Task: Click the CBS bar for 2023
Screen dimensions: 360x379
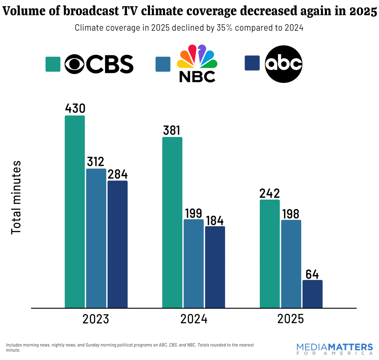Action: click(x=75, y=211)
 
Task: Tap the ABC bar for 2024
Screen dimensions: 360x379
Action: click(x=215, y=267)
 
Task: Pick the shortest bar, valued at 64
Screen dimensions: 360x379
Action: click(x=312, y=294)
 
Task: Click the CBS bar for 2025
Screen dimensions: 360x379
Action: click(x=270, y=254)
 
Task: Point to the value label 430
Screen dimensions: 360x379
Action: click(x=75, y=108)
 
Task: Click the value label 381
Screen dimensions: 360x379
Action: click(x=172, y=130)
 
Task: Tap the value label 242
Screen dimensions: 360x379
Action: click(x=270, y=193)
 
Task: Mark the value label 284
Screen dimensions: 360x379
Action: click(x=117, y=174)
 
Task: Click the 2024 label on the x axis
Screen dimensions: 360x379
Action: click(x=194, y=319)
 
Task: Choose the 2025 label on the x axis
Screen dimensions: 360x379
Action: click(x=290, y=319)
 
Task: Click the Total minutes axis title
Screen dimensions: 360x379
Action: click(x=16, y=197)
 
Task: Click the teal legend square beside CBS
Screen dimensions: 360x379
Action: click(x=53, y=64)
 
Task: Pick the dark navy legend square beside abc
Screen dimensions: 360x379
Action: click(x=252, y=63)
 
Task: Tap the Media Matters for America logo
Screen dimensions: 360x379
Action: click(x=335, y=349)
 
